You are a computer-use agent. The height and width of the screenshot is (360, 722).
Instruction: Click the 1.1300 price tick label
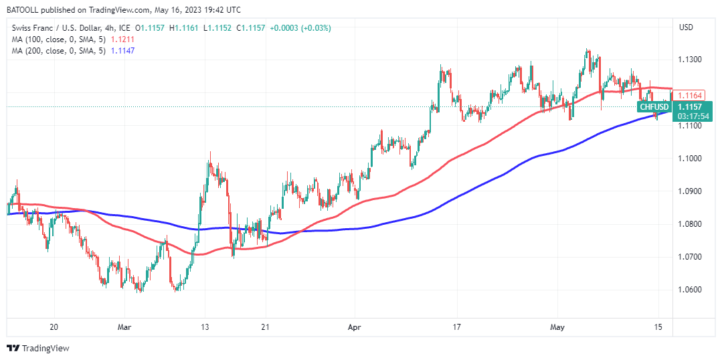(x=689, y=60)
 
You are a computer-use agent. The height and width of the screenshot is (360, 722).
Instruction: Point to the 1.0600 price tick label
(x=689, y=290)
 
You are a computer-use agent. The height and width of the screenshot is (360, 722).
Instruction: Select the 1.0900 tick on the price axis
(x=689, y=191)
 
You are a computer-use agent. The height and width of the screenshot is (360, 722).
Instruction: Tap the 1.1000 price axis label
(x=689, y=159)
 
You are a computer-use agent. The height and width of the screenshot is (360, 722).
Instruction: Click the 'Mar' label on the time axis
(x=124, y=327)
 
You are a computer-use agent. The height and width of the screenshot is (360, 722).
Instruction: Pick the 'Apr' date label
(x=355, y=327)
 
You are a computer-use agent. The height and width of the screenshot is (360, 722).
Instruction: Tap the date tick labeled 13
(x=205, y=327)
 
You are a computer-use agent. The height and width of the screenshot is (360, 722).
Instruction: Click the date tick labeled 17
(x=457, y=327)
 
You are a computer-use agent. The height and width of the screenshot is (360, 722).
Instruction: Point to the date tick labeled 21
(x=266, y=327)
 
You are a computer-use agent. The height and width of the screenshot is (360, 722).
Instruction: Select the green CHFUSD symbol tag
(x=654, y=106)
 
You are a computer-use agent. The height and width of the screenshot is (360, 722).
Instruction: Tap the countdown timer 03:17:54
(x=693, y=116)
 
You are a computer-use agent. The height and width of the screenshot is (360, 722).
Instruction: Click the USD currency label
(x=686, y=27)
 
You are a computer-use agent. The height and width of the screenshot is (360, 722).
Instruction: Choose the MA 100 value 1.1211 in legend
(x=122, y=39)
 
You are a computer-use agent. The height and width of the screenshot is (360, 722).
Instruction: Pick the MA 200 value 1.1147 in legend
(x=122, y=52)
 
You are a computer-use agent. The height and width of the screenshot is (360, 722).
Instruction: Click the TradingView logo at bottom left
(x=38, y=348)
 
